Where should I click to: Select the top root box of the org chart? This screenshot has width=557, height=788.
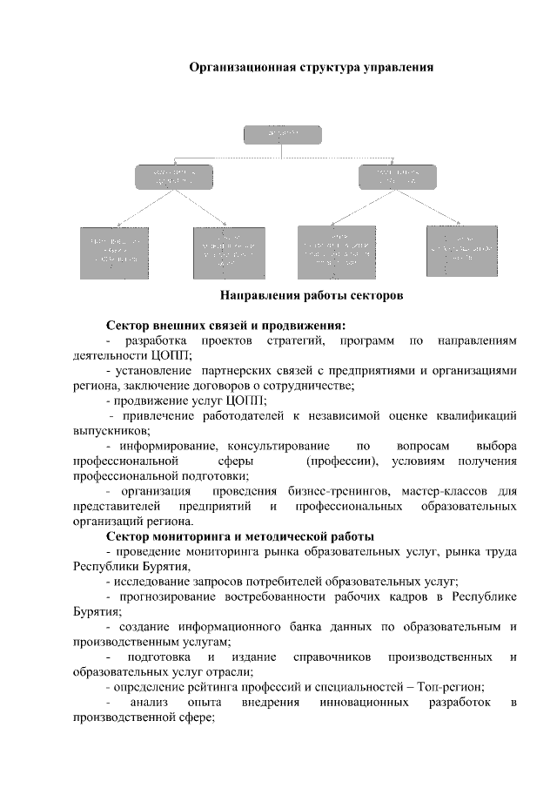coord(282,135)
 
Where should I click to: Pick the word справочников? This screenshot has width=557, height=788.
coord(334,656)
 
